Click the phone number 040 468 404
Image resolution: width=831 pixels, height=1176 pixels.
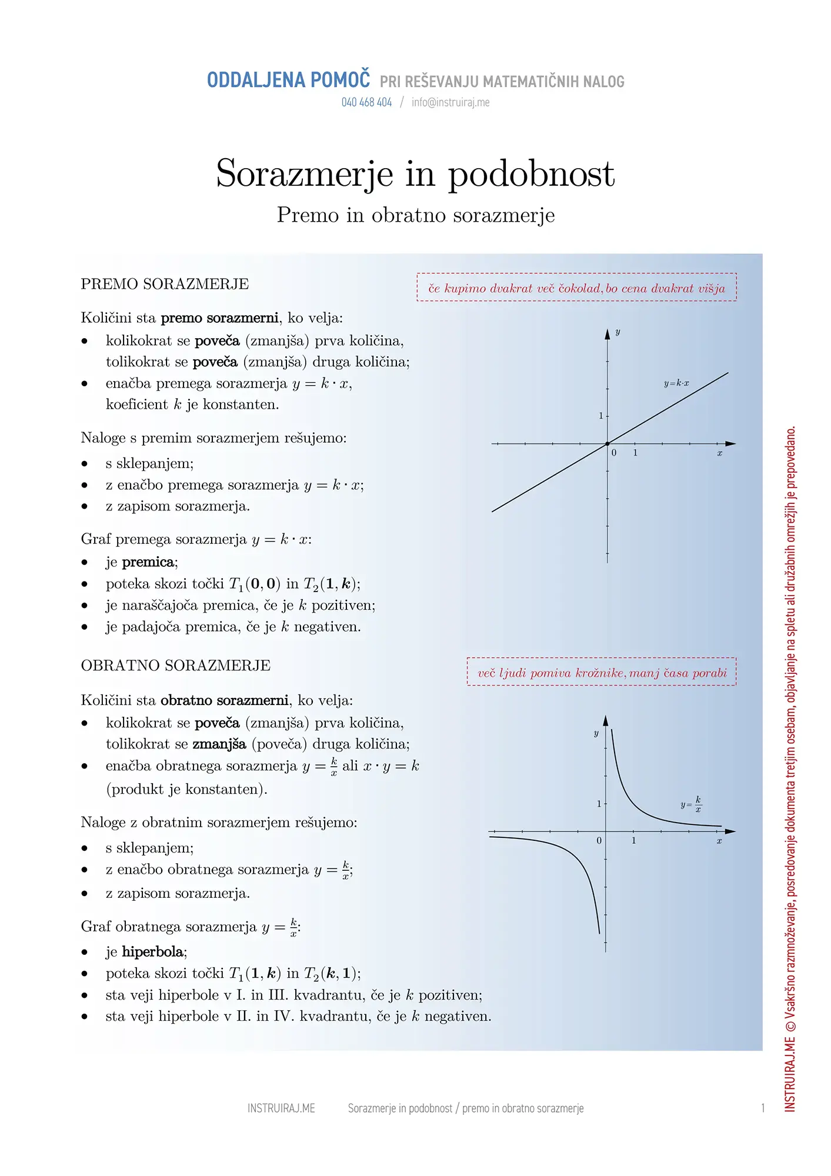(366, 102)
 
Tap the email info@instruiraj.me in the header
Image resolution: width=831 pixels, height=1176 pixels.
(450, 102)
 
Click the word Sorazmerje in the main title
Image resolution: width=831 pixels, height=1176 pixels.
(305, 173)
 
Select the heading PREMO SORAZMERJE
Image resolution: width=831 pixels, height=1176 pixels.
(165, 284)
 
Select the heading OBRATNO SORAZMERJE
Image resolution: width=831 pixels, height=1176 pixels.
(175, 666)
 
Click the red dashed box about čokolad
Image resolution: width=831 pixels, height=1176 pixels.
(576, 288)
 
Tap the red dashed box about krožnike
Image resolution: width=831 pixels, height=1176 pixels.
(601, 672)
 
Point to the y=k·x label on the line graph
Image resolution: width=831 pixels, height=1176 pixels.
(676, 383)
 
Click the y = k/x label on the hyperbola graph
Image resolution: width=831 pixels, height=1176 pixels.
(691, 804)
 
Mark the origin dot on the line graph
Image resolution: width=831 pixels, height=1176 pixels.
(608, 443)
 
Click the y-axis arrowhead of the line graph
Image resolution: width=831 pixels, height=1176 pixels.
(608, 333)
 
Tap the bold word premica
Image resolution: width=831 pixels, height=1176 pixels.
(149, 562)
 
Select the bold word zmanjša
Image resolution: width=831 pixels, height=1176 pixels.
(219, 744)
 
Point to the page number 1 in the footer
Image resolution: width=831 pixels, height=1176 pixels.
(763, 1108)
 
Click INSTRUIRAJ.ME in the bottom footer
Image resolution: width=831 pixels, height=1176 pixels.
(281, 1108)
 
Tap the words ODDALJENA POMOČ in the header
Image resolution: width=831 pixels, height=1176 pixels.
(288, 80)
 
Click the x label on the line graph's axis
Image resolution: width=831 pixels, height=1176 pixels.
(719, 453)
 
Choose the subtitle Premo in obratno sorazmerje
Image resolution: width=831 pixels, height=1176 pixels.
(416, 215)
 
